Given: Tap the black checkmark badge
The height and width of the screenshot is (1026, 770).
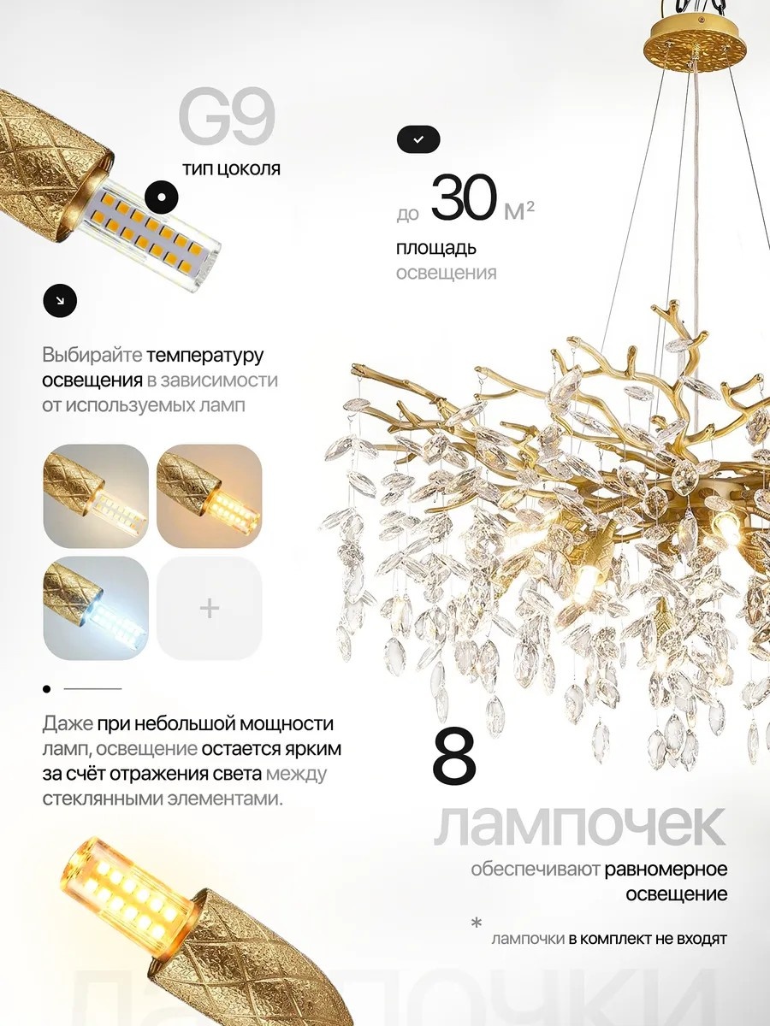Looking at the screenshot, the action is tap(418, 139).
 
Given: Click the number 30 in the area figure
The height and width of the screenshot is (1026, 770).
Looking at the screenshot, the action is tap(464, 198).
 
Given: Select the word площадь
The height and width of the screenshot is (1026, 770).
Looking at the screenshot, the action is tap(435, 248).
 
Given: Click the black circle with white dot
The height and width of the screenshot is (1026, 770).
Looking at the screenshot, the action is tap(162, 197).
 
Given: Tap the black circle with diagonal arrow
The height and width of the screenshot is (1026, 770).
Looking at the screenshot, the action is tap(60, 301).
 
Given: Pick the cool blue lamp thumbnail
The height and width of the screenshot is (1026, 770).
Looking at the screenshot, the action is tap(96, 608).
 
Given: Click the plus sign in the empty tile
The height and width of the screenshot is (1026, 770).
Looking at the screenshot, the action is tap(210, 608).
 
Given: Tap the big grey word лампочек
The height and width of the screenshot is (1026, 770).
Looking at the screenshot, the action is tap(580, 828).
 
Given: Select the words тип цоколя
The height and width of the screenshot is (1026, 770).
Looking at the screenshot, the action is tap(231, 168).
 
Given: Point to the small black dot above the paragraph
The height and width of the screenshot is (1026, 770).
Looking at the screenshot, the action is tap(47, 689).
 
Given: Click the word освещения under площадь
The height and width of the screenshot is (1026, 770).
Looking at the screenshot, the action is tap(446, 273).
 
